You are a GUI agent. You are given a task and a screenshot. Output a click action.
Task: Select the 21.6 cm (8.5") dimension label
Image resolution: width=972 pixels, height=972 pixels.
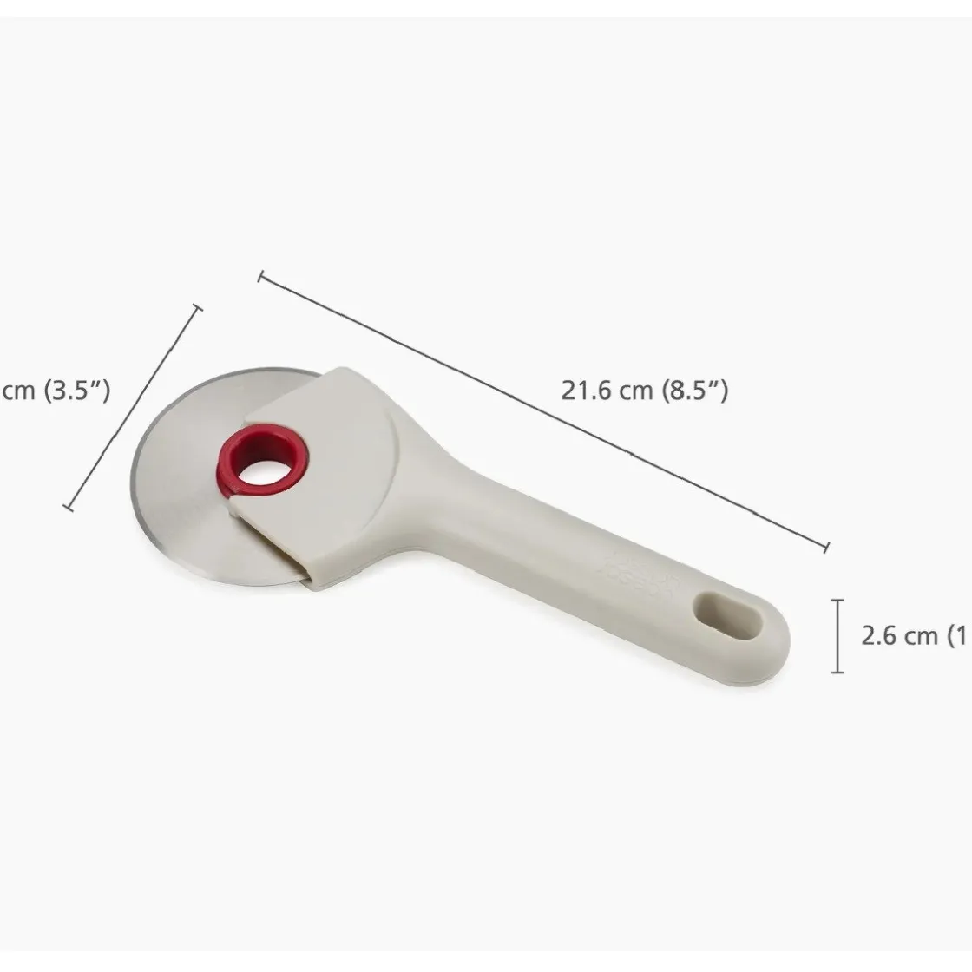point(644,391)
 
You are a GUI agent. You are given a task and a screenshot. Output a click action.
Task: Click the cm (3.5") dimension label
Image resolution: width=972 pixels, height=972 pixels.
point(56,391)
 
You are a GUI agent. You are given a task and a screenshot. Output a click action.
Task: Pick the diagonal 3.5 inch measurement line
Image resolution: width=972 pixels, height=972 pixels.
point(134,406)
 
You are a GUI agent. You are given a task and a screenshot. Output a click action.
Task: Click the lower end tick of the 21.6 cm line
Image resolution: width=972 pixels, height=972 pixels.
point(827,546)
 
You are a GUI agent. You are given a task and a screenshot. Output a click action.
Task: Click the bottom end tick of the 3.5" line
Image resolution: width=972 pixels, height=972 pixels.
point(69,506)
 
